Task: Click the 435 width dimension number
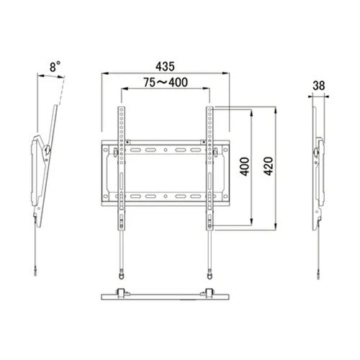[x=166, y=65]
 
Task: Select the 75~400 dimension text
[x=166, y=82]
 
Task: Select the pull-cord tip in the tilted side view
[x=35, y=271]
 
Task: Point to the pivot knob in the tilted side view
[x=48, y=150]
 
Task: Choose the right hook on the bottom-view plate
[x=211, y=292]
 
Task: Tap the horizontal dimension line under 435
[x=166, y=73]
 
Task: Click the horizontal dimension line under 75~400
[x=166, y=90]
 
